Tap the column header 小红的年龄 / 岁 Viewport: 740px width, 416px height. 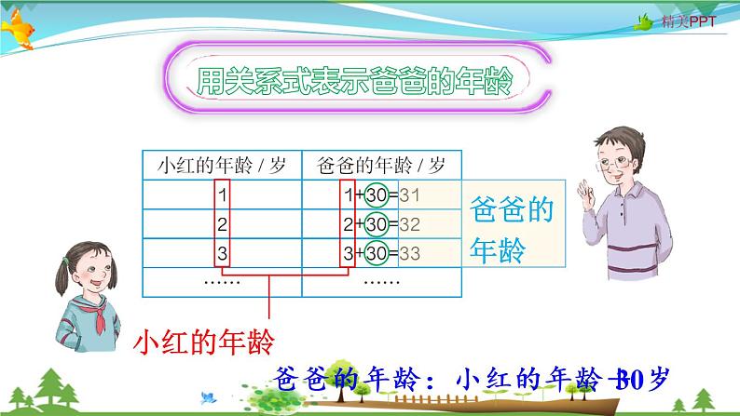point(223,167)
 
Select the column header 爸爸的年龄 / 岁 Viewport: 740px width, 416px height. point(382,167)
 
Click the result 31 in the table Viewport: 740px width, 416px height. point(411,195)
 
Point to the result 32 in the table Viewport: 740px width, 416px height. point(411,224)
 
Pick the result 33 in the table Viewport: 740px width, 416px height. point(411,253)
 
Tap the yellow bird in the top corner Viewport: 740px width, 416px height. point(22,32)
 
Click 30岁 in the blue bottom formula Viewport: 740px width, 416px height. point(645,379)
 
